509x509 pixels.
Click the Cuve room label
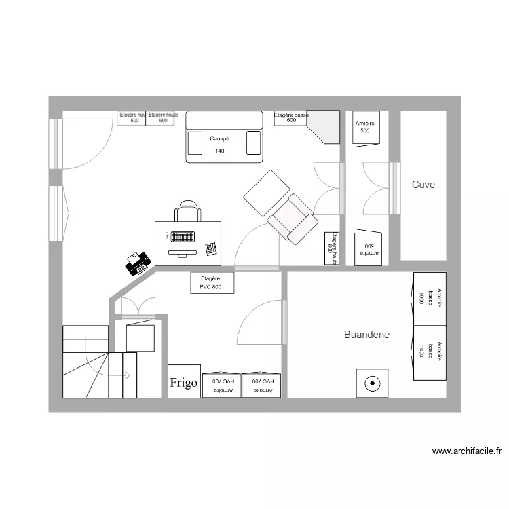[x=423, y=185]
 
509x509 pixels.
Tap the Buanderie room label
[x=366, y=335]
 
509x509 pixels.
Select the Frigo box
[x=184, y=383]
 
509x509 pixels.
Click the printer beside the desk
[x=138, y=263]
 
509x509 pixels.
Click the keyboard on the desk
[x=182, y=237]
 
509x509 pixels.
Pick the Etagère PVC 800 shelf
[x=211, y=282]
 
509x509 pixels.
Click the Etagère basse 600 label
[x=291, y=118]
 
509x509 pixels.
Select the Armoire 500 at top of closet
[x=365, y=127]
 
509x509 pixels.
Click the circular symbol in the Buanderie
[x=372, y=383]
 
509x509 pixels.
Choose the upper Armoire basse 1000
[x=430, y=298]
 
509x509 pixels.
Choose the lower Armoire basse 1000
[x=430, y=352]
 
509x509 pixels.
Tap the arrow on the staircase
[x=126, y=375]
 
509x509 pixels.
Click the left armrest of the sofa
[x=195, y=143]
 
